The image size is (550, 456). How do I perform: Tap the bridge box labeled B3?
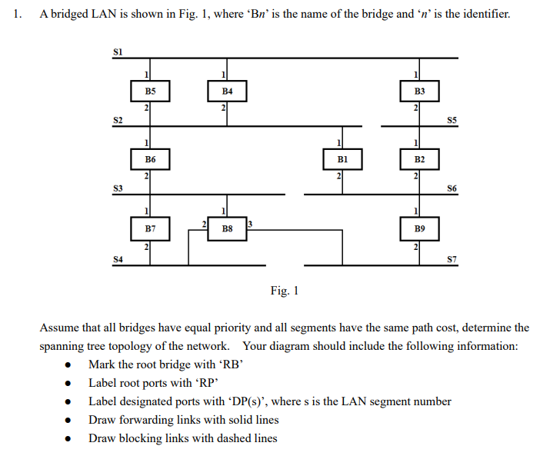point(419,91)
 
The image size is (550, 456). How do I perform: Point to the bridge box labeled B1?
point(342,159)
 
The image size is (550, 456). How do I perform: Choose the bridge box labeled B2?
point(419,159)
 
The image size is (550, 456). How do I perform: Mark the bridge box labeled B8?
point(227,228)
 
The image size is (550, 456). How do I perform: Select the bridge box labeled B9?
point(419,228)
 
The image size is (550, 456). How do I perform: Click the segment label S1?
point(118,51)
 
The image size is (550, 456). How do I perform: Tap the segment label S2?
point(118,119)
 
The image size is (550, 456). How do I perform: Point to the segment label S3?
point(118,188)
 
